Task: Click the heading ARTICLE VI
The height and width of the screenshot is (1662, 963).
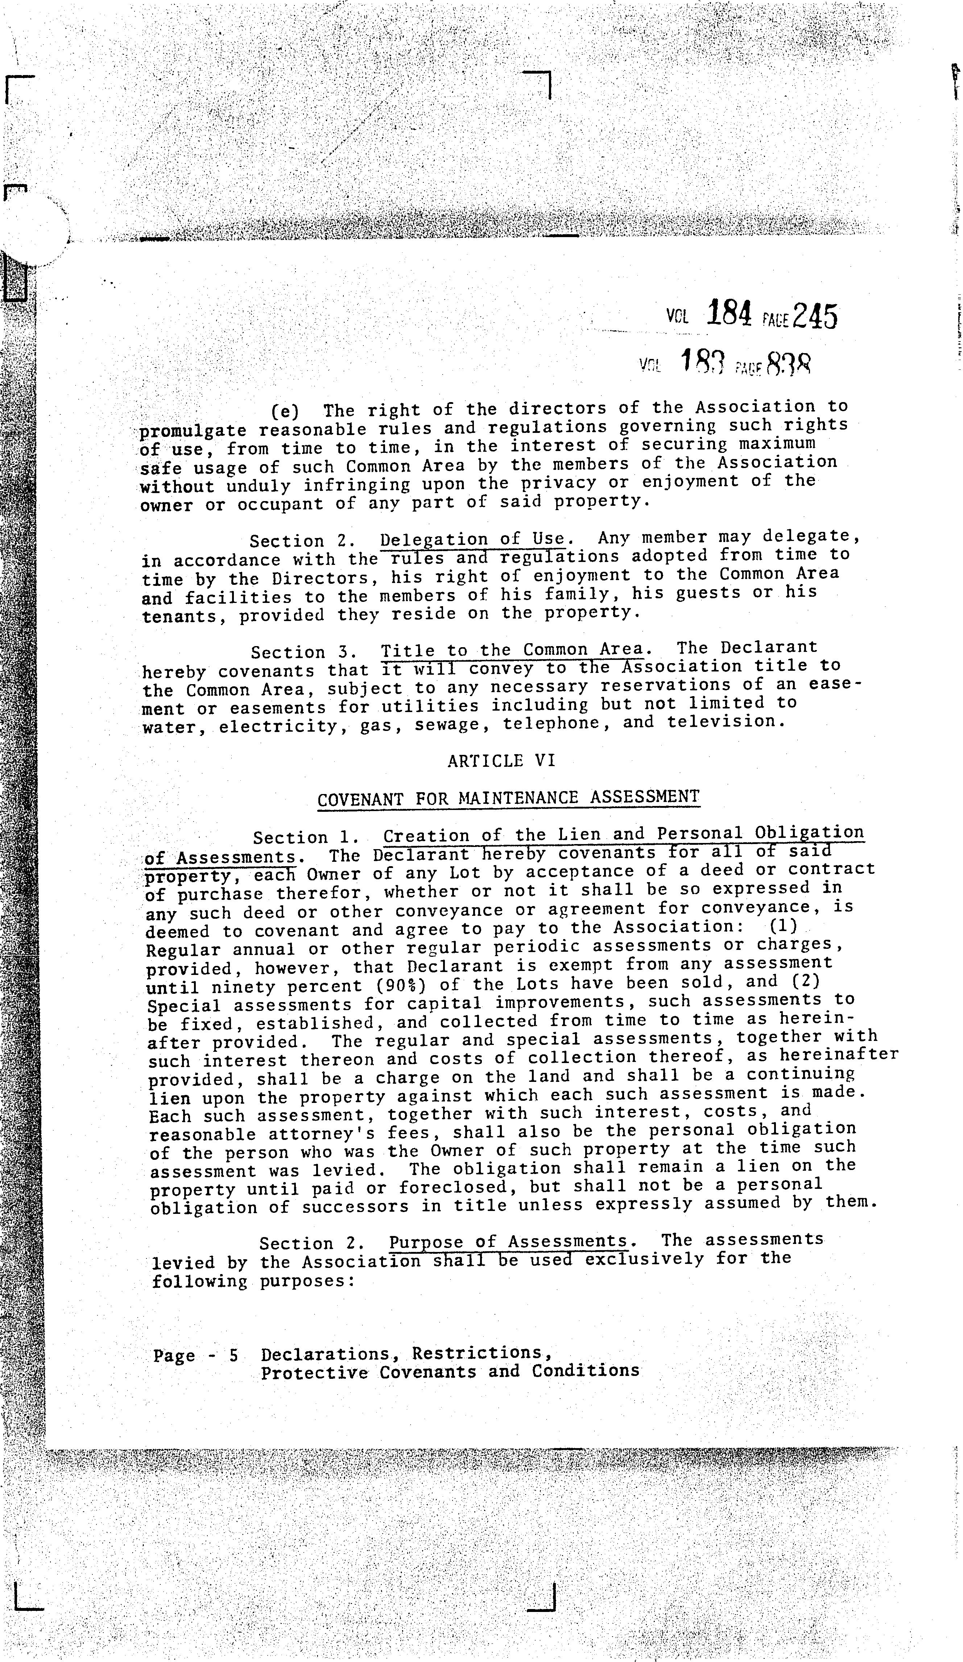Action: [x=501, y=761]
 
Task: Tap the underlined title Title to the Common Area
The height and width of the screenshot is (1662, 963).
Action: [x=511, y=650]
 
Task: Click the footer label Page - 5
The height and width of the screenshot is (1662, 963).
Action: [x=195, y=1356]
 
